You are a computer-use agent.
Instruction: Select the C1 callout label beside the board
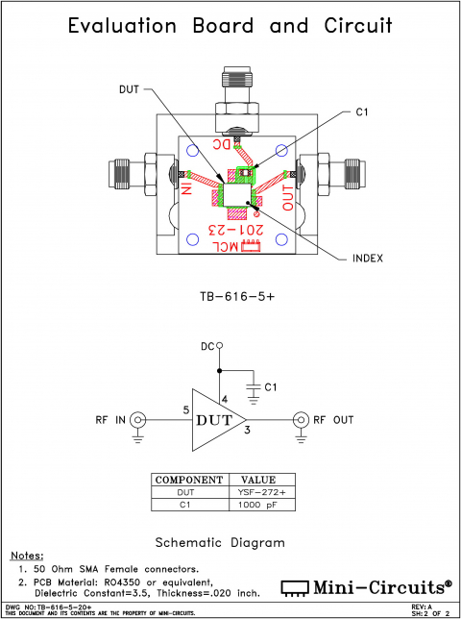pyautogui.click(x=361, y=112)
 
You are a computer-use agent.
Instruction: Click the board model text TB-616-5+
pyautogui.click(x=230, y=297)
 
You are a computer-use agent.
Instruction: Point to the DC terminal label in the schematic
pyautogui.click(x=206, y=346)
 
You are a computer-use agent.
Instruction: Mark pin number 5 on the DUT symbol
pyautogui.click(x=185, y=410)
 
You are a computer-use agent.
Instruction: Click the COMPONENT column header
pyautogui.click(x=189, y=480)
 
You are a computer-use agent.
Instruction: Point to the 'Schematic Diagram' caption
pyautogui.click(x=220, y=542)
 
